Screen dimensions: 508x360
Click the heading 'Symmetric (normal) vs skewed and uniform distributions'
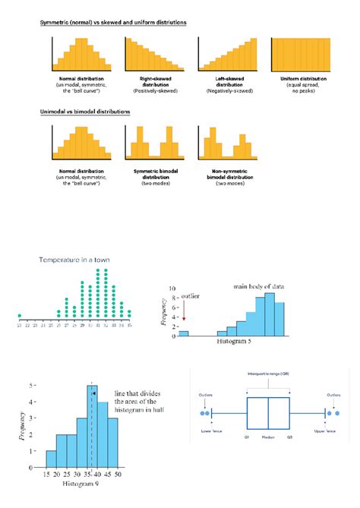[113, 23]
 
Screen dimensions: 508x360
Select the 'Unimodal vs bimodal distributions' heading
[85, 112]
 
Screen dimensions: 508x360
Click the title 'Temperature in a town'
[74, 260]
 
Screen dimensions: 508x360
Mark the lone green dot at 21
[19, 316]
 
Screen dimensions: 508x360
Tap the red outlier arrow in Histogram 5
[184, 309]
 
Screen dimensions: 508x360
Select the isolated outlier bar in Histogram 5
[183, 333]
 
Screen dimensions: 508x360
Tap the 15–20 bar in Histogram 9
[52, 459]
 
